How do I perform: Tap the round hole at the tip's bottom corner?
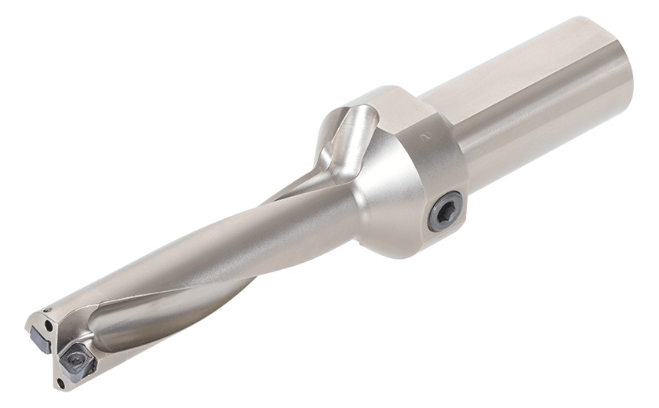(x=60, y=383)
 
